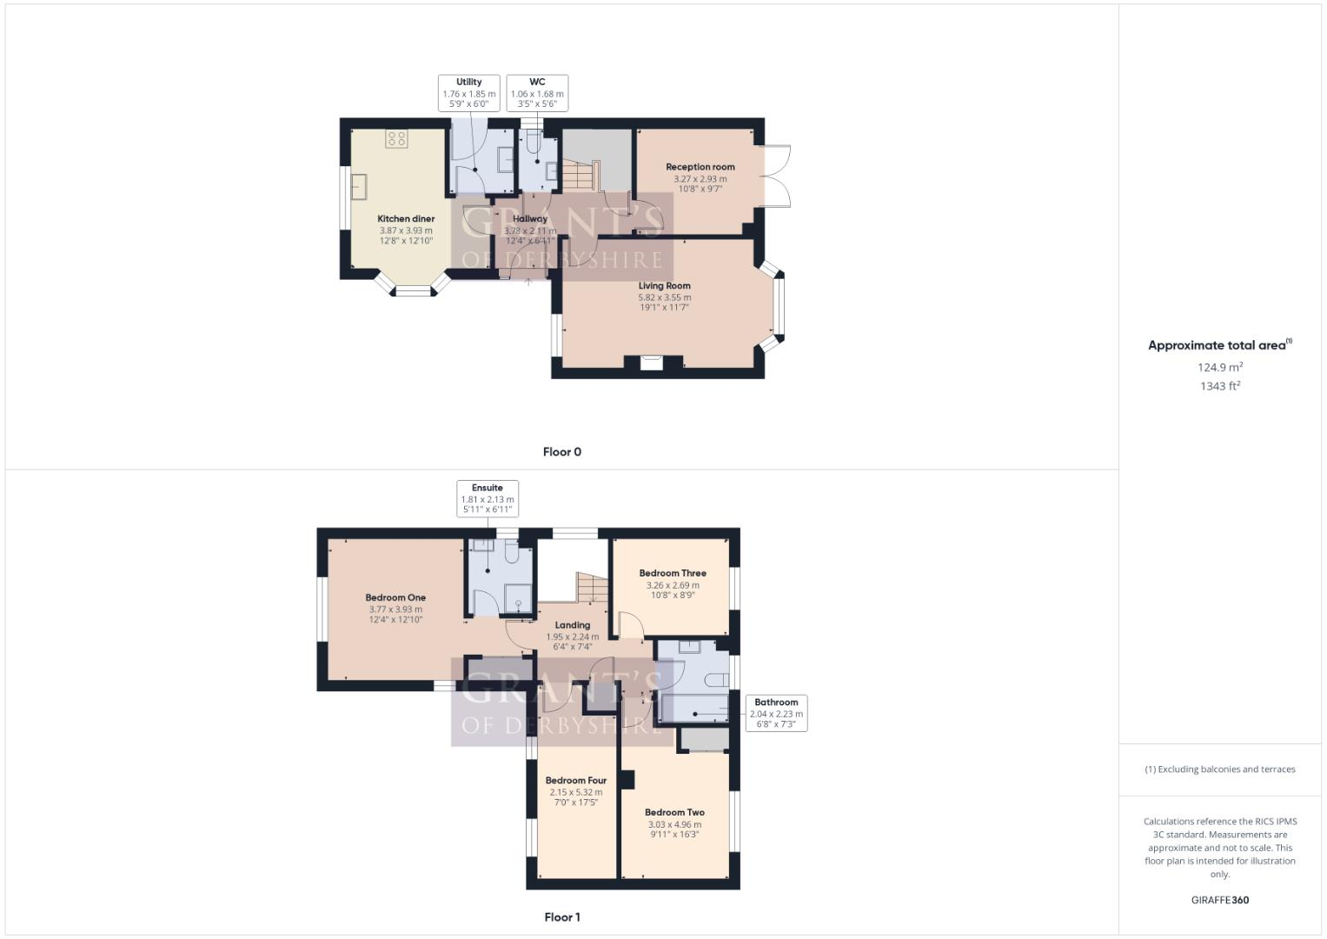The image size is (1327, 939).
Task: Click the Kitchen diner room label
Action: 406,219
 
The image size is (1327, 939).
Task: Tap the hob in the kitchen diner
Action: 396,138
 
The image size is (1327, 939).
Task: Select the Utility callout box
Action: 468,93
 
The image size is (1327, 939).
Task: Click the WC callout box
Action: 537,93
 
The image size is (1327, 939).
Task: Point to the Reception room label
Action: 700,167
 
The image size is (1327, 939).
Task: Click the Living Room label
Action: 665,286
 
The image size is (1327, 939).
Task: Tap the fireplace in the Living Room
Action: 652,363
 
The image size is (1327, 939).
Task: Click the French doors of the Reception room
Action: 776,177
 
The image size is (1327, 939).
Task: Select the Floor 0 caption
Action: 562,452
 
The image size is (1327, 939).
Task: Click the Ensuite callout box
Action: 488,499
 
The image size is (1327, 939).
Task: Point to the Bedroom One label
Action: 395,598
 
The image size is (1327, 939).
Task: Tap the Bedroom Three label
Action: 673,574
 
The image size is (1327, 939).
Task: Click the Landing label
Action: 573,625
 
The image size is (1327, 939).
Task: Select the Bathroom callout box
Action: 776,713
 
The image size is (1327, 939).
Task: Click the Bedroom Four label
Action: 576,781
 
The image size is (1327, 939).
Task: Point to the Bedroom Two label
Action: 674,813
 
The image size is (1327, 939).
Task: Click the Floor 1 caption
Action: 562,917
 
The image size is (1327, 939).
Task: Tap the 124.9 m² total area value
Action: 1220,367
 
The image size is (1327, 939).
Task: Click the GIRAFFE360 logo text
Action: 1220,900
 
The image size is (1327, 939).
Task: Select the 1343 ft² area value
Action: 1220,386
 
